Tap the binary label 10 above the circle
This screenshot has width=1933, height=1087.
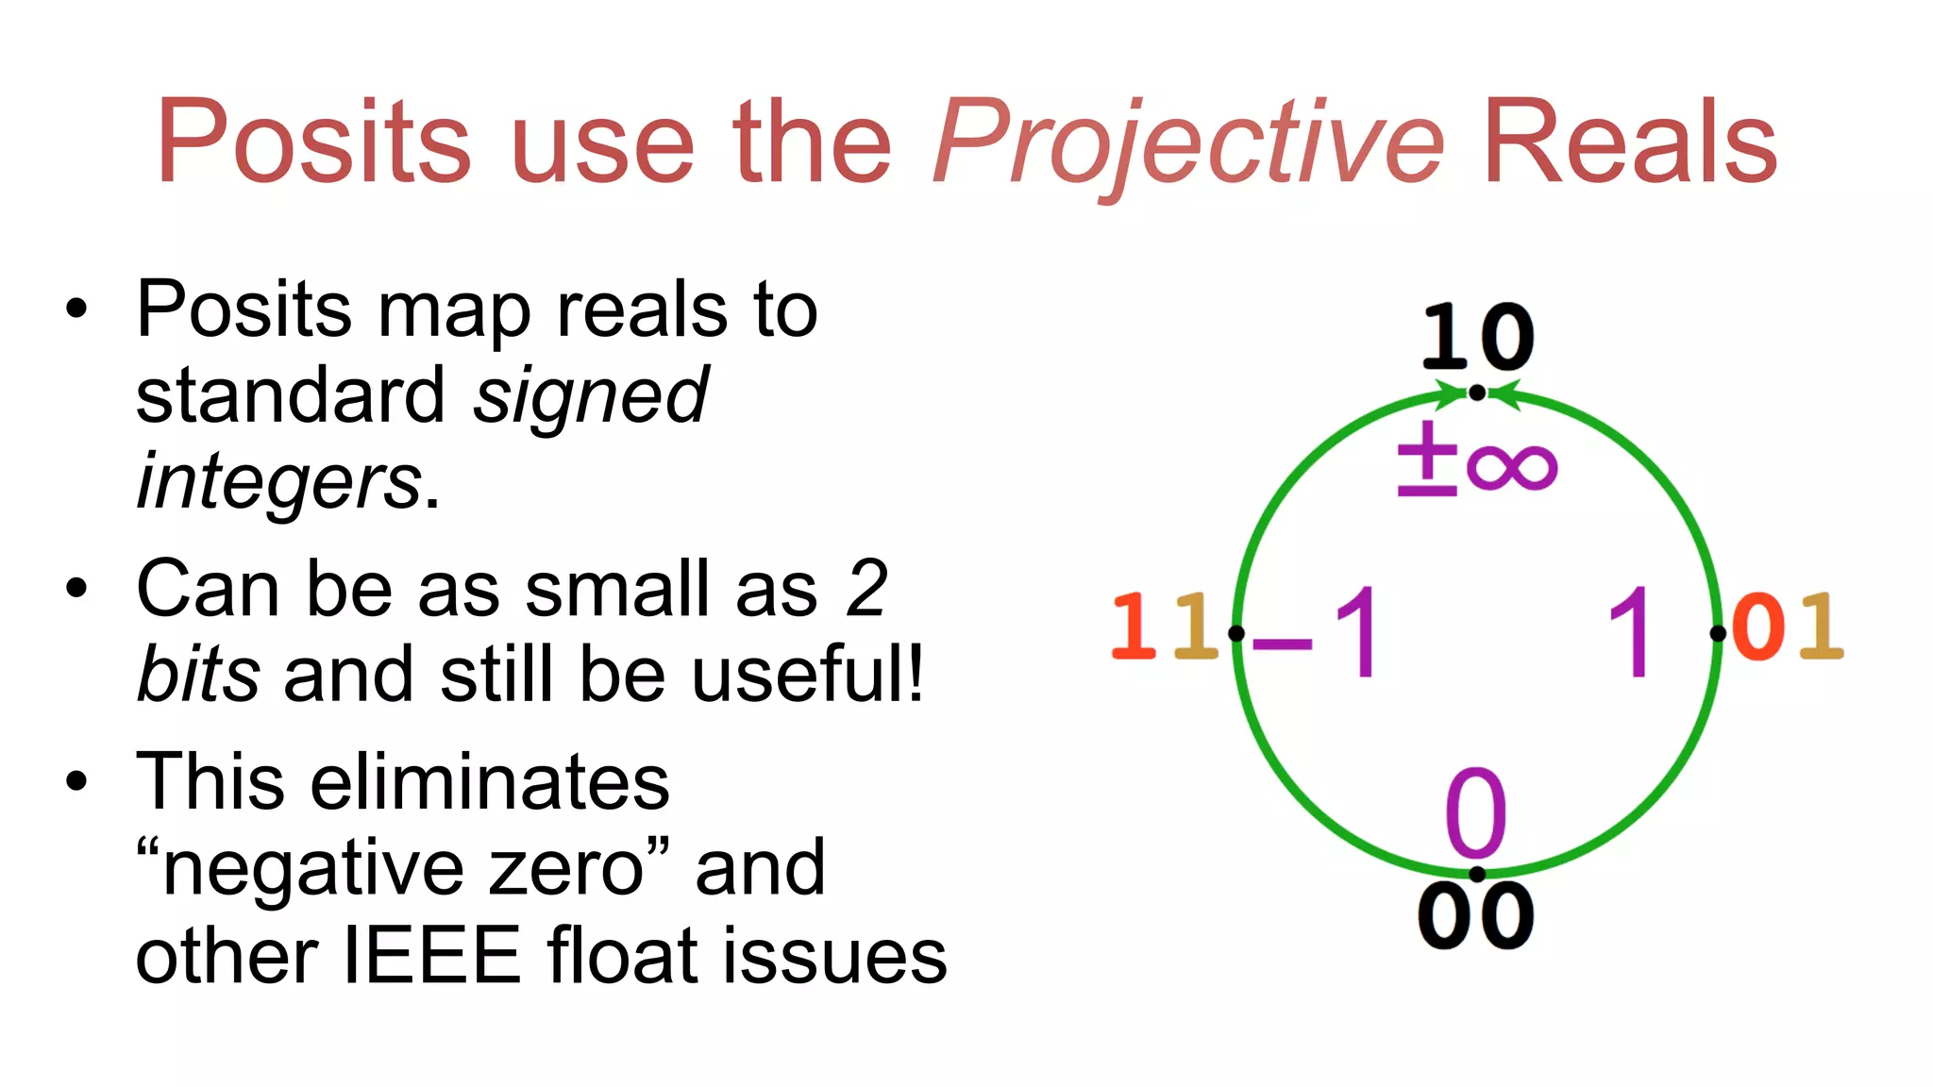coord(1478,337)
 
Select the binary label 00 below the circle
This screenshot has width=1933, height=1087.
coord(1476,915)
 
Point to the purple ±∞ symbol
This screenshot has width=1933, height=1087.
coord(1477,460)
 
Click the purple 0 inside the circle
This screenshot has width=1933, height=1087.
coord(1476,811)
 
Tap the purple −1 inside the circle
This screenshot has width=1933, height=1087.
coord(1319,632)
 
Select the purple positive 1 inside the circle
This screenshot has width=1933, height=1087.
coord(1630,632)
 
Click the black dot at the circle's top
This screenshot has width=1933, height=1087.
coord(1477,393)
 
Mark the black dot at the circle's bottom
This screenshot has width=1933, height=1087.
coord(1477,874)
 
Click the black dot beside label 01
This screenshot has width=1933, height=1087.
coord(1718,633)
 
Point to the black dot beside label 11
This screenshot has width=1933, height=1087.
coord(1236,633)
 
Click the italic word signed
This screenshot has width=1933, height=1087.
coord(591,396)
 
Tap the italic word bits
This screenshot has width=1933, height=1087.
coord(198,674)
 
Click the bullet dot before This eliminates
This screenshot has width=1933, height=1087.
coord(76,781)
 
